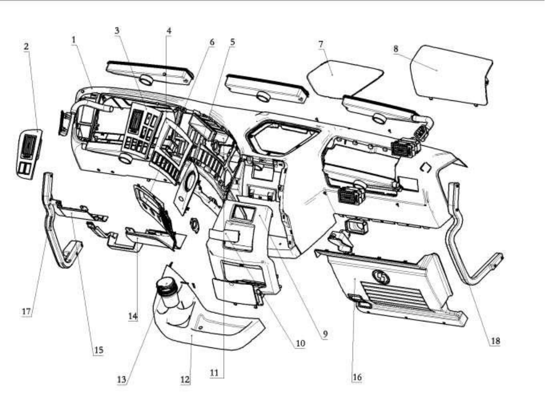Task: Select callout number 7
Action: pos(320,44)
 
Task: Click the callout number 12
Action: pos(185,380)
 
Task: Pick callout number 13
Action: pos(121,379)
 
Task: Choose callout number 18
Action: pos(494,340)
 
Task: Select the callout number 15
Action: pos(98,350)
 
